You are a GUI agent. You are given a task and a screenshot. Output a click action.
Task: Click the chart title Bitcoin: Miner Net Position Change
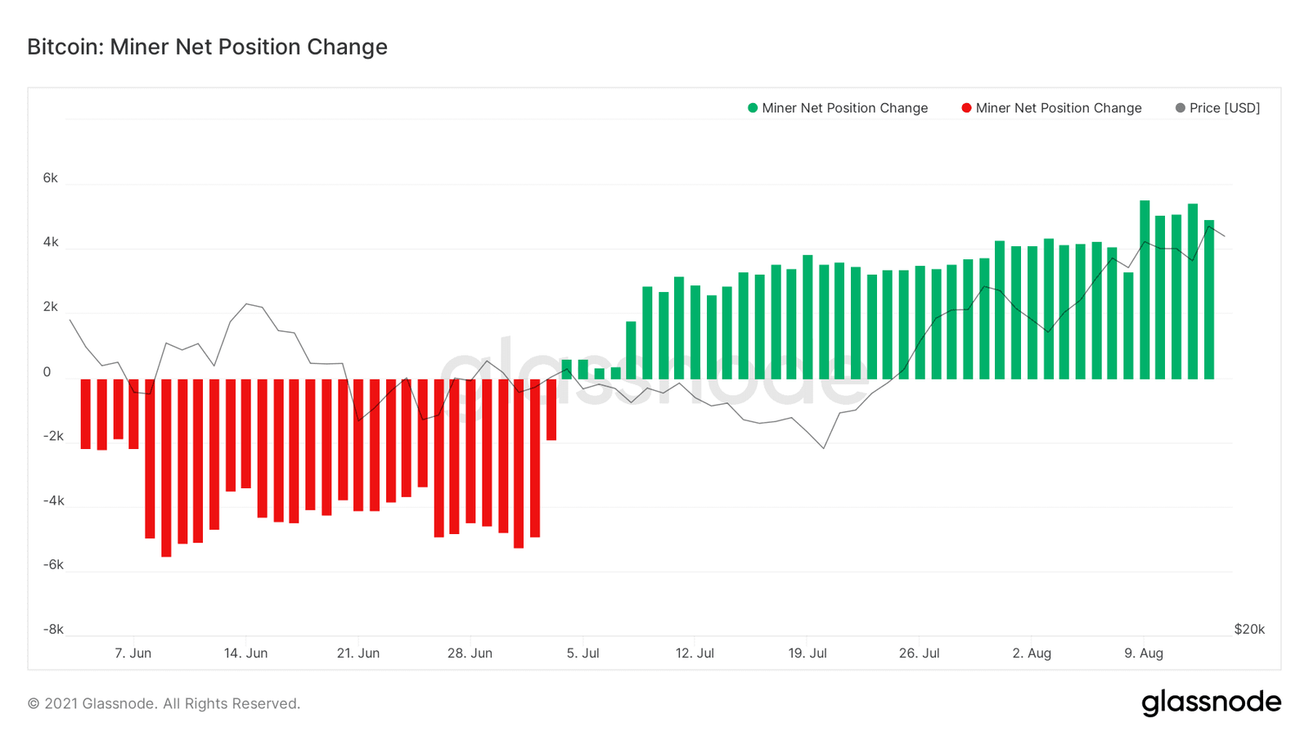(207, 47)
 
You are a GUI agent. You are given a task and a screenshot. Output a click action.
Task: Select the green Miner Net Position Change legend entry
(838, 108)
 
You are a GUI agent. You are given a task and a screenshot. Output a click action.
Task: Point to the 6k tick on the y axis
(50, 178)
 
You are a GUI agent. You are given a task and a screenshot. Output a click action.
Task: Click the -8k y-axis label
(53, 629)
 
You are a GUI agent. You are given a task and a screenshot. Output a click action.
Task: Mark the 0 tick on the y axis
(47, 372)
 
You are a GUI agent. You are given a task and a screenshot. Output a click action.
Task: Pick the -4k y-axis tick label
(53, 500)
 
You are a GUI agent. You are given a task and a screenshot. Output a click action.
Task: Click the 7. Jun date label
(133, 653)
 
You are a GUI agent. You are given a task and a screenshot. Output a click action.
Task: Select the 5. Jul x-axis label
(583, 653)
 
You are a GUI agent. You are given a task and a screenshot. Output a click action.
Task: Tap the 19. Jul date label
(807, 653)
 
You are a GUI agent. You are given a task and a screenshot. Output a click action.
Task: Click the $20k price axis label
(1249, 629)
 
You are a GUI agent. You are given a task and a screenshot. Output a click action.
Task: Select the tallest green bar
(1145, 289)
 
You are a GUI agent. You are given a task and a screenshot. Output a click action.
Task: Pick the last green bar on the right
(1209, 299)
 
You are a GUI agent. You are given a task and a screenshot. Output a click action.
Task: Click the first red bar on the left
(86, 414)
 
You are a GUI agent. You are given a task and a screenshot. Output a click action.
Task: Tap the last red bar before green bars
(551, 410)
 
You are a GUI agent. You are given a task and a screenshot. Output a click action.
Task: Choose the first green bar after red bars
(567, 369)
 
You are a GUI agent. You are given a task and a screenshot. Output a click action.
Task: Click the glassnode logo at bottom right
(1211, 702)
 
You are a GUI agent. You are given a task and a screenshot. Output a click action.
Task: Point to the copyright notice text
(164, 703)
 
